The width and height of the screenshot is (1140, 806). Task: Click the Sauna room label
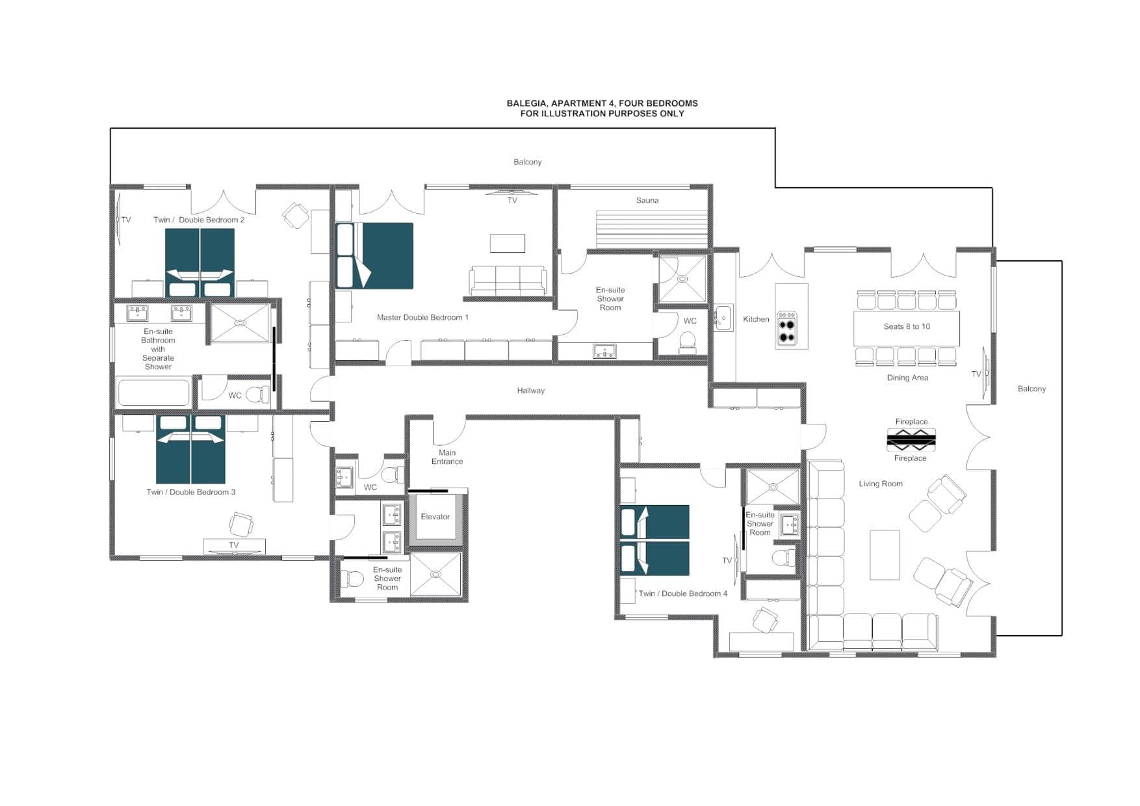(x=647, y=200)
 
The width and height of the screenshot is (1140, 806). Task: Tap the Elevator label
(x=435, y=517)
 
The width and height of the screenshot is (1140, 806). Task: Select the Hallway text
(x=530, y=391)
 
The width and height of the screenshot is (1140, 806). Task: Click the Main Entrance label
(x=447, y=457)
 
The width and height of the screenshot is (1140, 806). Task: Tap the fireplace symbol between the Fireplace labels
(x=911, y=440)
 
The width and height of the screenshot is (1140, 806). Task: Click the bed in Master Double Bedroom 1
(x=375, y=256)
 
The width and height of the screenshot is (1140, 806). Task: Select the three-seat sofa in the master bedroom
(x=508, y=281)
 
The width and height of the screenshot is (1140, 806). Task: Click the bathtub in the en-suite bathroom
(x=153, y=392)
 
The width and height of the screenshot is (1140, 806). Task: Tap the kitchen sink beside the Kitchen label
(x=723, y=318)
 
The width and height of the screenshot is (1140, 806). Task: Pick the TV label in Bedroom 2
(x=126, y=220)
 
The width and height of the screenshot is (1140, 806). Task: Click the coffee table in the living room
(x=885, y=554)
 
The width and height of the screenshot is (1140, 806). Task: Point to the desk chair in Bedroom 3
(x=241, y=523)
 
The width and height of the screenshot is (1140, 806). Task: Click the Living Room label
(x=880, y=484)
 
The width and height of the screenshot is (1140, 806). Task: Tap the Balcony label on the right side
(x=1031, y=389)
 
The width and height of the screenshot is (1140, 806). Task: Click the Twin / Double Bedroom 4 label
(x=682, y=593)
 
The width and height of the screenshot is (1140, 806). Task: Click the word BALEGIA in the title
(x=527, y=103)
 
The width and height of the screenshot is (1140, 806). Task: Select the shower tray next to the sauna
(x=682, y=279)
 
